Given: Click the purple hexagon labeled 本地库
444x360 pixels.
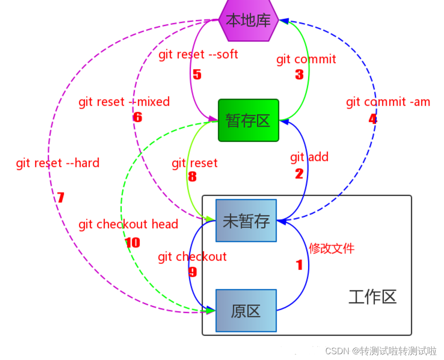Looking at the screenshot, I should click(248, 20).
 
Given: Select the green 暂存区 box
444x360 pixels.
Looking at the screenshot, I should click(248, 120).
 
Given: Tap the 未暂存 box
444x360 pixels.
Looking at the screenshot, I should click(246, 221).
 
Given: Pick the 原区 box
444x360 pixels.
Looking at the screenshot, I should click(246, 311).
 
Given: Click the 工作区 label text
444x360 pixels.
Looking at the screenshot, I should click(372, 297).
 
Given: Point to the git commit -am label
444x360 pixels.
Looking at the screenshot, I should click(388, 102).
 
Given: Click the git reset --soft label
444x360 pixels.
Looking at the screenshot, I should click(198, 54).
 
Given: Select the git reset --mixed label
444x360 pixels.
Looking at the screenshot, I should click(124, 102).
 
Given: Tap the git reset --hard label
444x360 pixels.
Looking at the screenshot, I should click(58, 163).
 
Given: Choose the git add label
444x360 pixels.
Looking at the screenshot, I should click(309, 157).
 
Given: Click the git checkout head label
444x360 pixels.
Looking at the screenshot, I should click(128, 224).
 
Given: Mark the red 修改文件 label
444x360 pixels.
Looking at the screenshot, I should click(331, 248).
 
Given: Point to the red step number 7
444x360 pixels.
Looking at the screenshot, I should click(61, 197).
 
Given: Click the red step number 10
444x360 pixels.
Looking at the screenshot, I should click(132, 243).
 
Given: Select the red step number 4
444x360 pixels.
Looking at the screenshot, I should click(373, 119).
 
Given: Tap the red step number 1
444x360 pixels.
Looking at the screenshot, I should click(299, 265).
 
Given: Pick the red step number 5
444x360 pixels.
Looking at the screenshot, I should click(197, 74).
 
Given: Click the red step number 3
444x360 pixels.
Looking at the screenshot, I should click(299, 74).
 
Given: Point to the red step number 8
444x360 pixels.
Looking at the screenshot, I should click(192, 177).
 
